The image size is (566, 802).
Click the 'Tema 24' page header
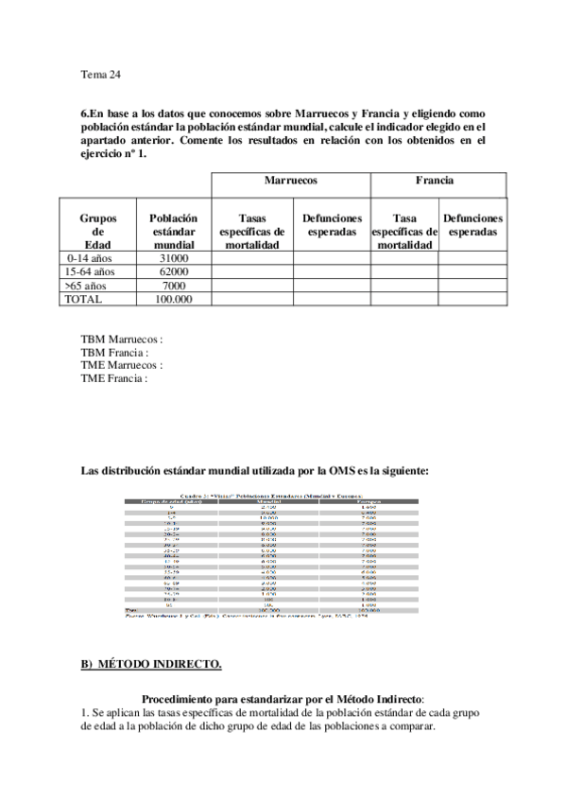pos(101,74)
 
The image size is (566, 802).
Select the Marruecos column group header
pos(289,180)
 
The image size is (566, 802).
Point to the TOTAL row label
pos(82,299)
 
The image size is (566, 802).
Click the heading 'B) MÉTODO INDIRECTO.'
pos(151,664)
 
